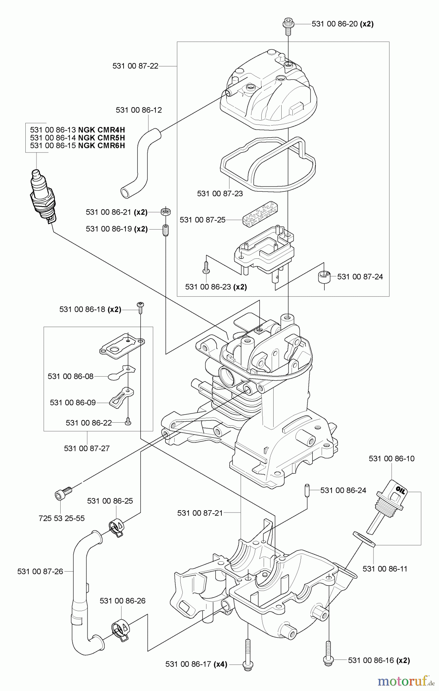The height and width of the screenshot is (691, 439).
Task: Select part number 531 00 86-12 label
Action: [x=139, y=110]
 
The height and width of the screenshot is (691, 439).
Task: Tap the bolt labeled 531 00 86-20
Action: [x=287, y=25]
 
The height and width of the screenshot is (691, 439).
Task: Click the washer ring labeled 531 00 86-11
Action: [x=364, y=539]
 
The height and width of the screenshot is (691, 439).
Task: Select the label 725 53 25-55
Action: [x=61, y=518]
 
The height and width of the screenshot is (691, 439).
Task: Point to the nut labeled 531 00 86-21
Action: [x=166, y=212]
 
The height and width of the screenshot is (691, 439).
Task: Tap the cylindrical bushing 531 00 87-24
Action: [x=325, y=277]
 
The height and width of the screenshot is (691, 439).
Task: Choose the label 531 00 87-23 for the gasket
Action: [x=220, y=193]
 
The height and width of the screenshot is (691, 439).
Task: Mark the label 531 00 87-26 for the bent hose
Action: [x=40, y=572]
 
